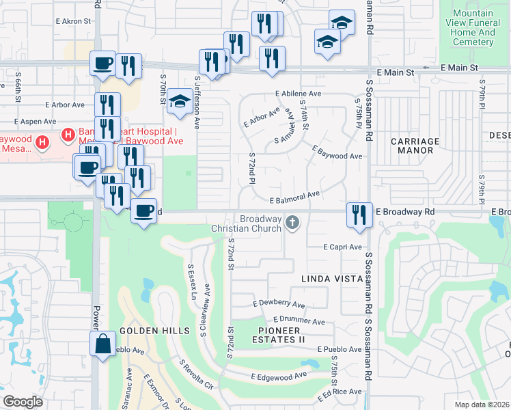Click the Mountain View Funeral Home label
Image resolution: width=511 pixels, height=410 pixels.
[x=473, y=27]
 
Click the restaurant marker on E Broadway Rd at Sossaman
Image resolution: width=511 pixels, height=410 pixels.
[x=359, y=215]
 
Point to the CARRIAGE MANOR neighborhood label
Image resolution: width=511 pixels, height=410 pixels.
[x=415, y=146]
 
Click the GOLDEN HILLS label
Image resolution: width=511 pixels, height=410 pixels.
[x=154, y=331]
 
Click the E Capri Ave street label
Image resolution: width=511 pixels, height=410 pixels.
[x=343, y=247]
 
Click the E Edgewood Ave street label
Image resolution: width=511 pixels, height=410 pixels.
[x=279, y=377]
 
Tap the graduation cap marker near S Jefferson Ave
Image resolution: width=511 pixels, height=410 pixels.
[x=180, y=103]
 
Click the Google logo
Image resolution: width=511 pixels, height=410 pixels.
[x=23, y=402]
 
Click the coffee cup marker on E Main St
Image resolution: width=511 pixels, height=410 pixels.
[x=103, y=64]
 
